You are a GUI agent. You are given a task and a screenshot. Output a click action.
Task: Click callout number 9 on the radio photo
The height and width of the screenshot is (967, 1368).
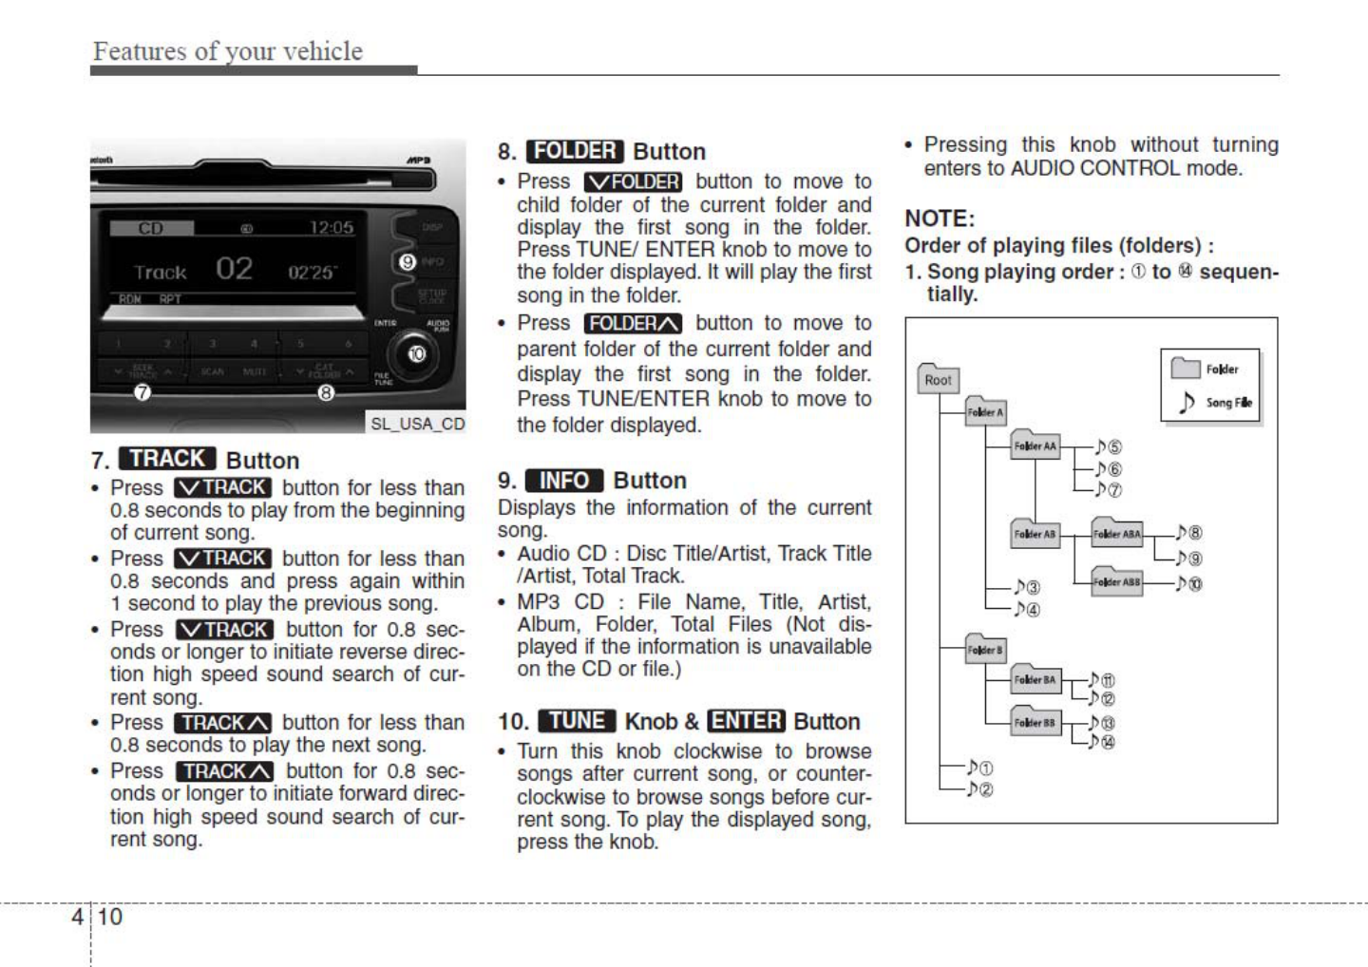(x=408, y=261)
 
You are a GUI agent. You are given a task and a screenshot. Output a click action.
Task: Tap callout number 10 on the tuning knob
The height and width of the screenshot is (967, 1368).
(x=416, y=354)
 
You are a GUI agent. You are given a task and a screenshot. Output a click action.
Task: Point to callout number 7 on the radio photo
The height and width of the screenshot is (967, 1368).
(x=142, y=392)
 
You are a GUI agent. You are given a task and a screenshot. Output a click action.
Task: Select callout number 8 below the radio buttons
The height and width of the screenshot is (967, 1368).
(x=326, y=392)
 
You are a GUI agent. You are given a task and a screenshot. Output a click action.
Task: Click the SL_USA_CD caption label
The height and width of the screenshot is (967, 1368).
(x=417, y=424)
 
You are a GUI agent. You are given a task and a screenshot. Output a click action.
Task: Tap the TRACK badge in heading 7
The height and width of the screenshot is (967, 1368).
(x=167, y=459)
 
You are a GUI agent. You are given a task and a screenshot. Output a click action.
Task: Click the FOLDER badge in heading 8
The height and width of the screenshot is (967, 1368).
(x=574, y=151)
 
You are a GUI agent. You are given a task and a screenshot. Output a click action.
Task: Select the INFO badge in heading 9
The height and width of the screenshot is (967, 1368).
(x=564, y=481)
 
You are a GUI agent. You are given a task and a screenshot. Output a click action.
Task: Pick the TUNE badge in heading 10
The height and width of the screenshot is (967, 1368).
(x=577, y=721)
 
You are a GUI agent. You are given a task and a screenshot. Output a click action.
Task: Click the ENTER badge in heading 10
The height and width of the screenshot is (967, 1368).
(x=746, y=721)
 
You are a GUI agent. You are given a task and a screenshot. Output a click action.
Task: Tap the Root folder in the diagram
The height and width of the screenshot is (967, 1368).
(x=938, y=379)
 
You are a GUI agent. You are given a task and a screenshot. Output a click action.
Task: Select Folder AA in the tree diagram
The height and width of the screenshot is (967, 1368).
(x=1035, y=445)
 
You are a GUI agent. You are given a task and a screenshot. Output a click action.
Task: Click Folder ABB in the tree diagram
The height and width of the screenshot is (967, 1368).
(x=1116, y=580)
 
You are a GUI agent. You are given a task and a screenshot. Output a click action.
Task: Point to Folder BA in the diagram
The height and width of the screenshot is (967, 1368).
(x=1035, y=678)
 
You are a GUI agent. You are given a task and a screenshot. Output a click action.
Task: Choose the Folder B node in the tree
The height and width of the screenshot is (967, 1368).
(x=985, y=649)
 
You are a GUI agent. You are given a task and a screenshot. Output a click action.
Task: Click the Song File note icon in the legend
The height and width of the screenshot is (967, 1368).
(x=1186, y=403)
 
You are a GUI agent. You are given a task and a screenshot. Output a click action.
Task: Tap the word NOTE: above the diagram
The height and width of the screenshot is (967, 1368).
(x=940, y=218)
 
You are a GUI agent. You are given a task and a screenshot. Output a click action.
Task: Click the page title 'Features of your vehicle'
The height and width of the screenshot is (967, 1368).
(x=228, y=51)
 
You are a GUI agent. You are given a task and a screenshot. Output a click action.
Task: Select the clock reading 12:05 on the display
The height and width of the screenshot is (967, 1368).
(x=331, y=228)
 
